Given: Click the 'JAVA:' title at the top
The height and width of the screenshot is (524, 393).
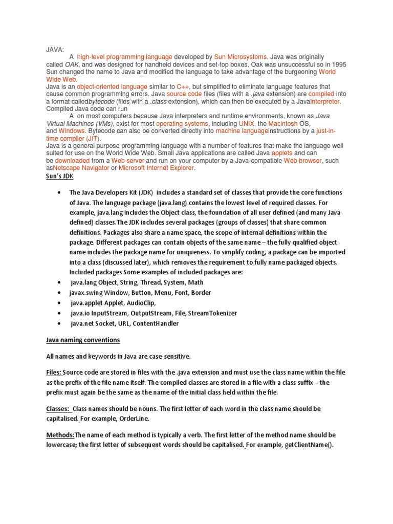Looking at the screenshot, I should point(55,50).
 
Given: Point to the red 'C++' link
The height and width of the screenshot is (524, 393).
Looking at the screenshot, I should point(182,87).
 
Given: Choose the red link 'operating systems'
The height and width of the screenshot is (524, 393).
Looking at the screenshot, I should point(182,124).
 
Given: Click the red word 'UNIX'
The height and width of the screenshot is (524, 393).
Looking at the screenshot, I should point(246,124).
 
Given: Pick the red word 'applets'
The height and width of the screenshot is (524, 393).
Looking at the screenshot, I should point(282,153).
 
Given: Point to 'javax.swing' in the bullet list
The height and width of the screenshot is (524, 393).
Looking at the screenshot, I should point(85,293).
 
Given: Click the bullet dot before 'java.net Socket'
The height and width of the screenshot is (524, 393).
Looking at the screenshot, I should point(60,323).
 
